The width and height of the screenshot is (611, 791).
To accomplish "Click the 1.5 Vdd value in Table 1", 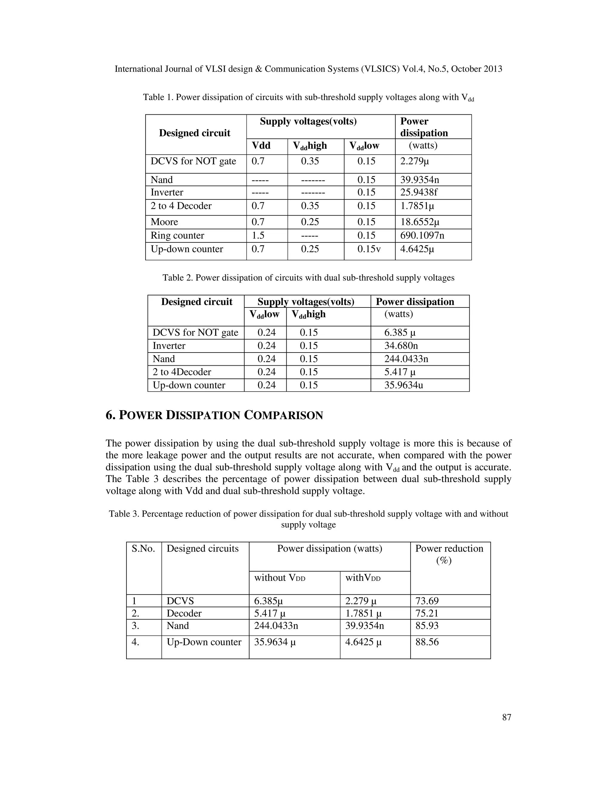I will coord(258,236).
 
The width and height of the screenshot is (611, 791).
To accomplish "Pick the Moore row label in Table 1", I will coord(164,222).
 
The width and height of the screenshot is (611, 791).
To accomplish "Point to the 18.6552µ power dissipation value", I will coord(419,222).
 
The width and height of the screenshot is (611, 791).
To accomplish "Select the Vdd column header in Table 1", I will coord(261,146).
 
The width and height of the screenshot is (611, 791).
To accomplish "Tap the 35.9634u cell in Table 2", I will coord(403,385).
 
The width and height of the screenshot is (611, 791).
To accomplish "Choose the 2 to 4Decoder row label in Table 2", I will coord(182,372).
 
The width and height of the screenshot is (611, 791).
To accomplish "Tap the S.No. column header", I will coord(143,548).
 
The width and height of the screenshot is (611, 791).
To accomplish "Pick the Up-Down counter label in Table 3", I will coord(204,642).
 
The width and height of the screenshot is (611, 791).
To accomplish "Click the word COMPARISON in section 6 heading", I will coord(283,415).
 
